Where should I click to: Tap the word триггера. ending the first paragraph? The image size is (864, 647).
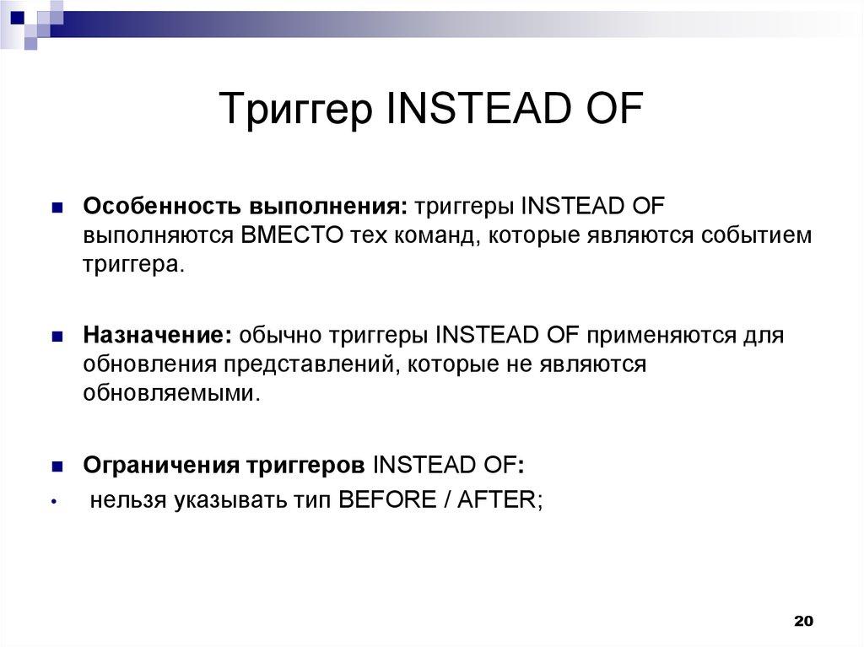tap(132, 263)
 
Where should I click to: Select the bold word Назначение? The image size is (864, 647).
tap(157, 336)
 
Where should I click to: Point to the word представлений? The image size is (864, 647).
tap(310, 364)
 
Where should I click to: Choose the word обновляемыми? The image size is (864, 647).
tap(169, 392)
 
